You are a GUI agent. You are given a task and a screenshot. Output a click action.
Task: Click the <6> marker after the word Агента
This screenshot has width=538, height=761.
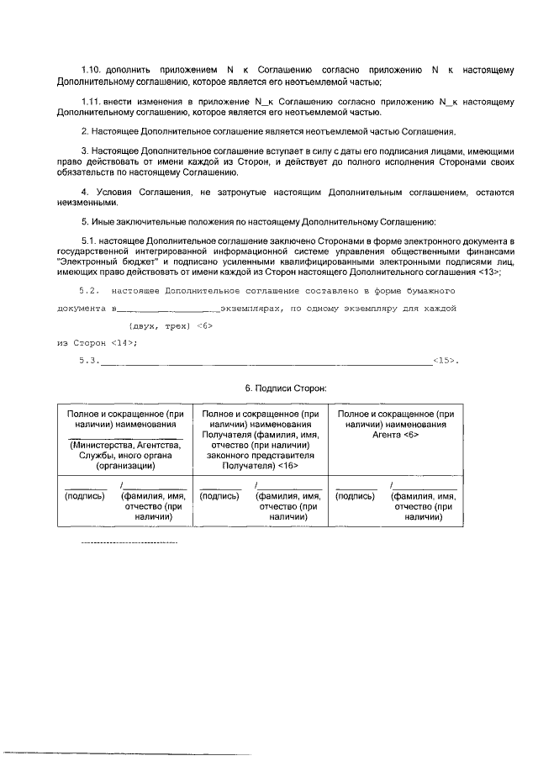click(410, 435)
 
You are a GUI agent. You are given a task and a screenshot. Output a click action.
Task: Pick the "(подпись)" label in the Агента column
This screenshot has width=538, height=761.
click(355, 496)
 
